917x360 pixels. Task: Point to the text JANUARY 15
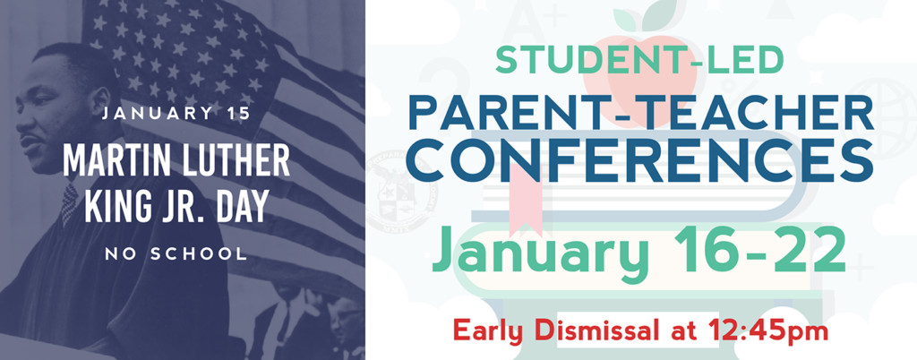point(176,114)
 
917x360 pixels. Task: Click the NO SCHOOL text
point(176,253)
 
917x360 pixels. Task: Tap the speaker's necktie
point(70,204)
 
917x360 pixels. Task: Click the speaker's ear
point(100,105)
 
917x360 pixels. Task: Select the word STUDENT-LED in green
point(638,61)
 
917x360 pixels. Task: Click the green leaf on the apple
point(658,13)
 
